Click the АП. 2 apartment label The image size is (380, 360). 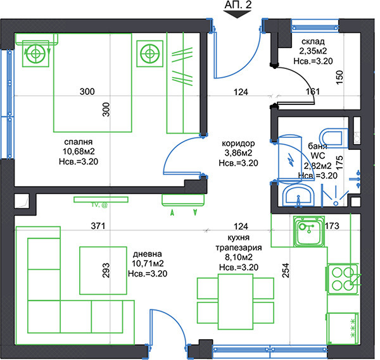click(238, 5)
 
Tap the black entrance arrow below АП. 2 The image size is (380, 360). click(237, 15)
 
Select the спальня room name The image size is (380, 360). click(79, 142)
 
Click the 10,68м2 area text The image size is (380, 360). click(79, 152)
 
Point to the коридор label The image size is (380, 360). click(238, 144)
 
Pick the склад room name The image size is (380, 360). click(313, 42)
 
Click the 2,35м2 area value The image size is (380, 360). click(313, 51)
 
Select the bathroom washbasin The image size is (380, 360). click(298, 195)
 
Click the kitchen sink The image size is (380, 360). click(309, 232)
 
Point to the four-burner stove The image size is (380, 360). click(342, 279)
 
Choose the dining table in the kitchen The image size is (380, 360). click(236, 302)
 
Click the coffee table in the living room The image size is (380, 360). click(103, 270)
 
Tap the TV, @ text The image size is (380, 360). click(99, 205)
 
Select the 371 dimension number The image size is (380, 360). click(98, 226)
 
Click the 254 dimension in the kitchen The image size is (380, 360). click(286, 270)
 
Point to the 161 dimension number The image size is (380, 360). click(313, 92)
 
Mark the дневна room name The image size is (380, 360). click(148, 254)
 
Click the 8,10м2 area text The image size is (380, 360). click(239, 257)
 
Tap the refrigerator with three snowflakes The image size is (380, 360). click(343, 328)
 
